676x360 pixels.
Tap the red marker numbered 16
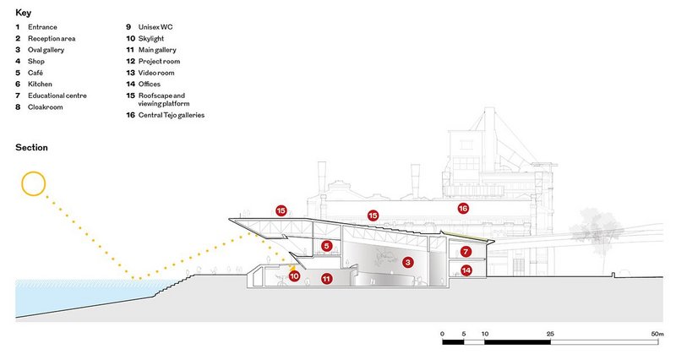(463, 209)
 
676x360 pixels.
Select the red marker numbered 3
(407, 262)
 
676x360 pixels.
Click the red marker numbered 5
(327, 246)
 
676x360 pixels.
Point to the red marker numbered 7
(466, 251)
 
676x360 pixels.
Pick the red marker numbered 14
(466, 270)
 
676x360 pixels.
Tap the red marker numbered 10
(294, 276)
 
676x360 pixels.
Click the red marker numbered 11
(326, 279)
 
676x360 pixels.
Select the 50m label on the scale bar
(657, 334)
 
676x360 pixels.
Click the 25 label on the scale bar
(550, 334)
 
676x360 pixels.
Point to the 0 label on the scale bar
(442, 334)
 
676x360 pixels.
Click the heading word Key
(24, 13)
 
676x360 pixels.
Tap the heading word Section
(31, 147)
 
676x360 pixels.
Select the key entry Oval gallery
(46, 50)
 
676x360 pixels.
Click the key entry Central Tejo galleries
(172, 115)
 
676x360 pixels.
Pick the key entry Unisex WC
(155, 27)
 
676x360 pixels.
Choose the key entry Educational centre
(57, 95)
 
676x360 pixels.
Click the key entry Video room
(156, 73)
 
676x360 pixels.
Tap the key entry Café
(35, 73)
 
